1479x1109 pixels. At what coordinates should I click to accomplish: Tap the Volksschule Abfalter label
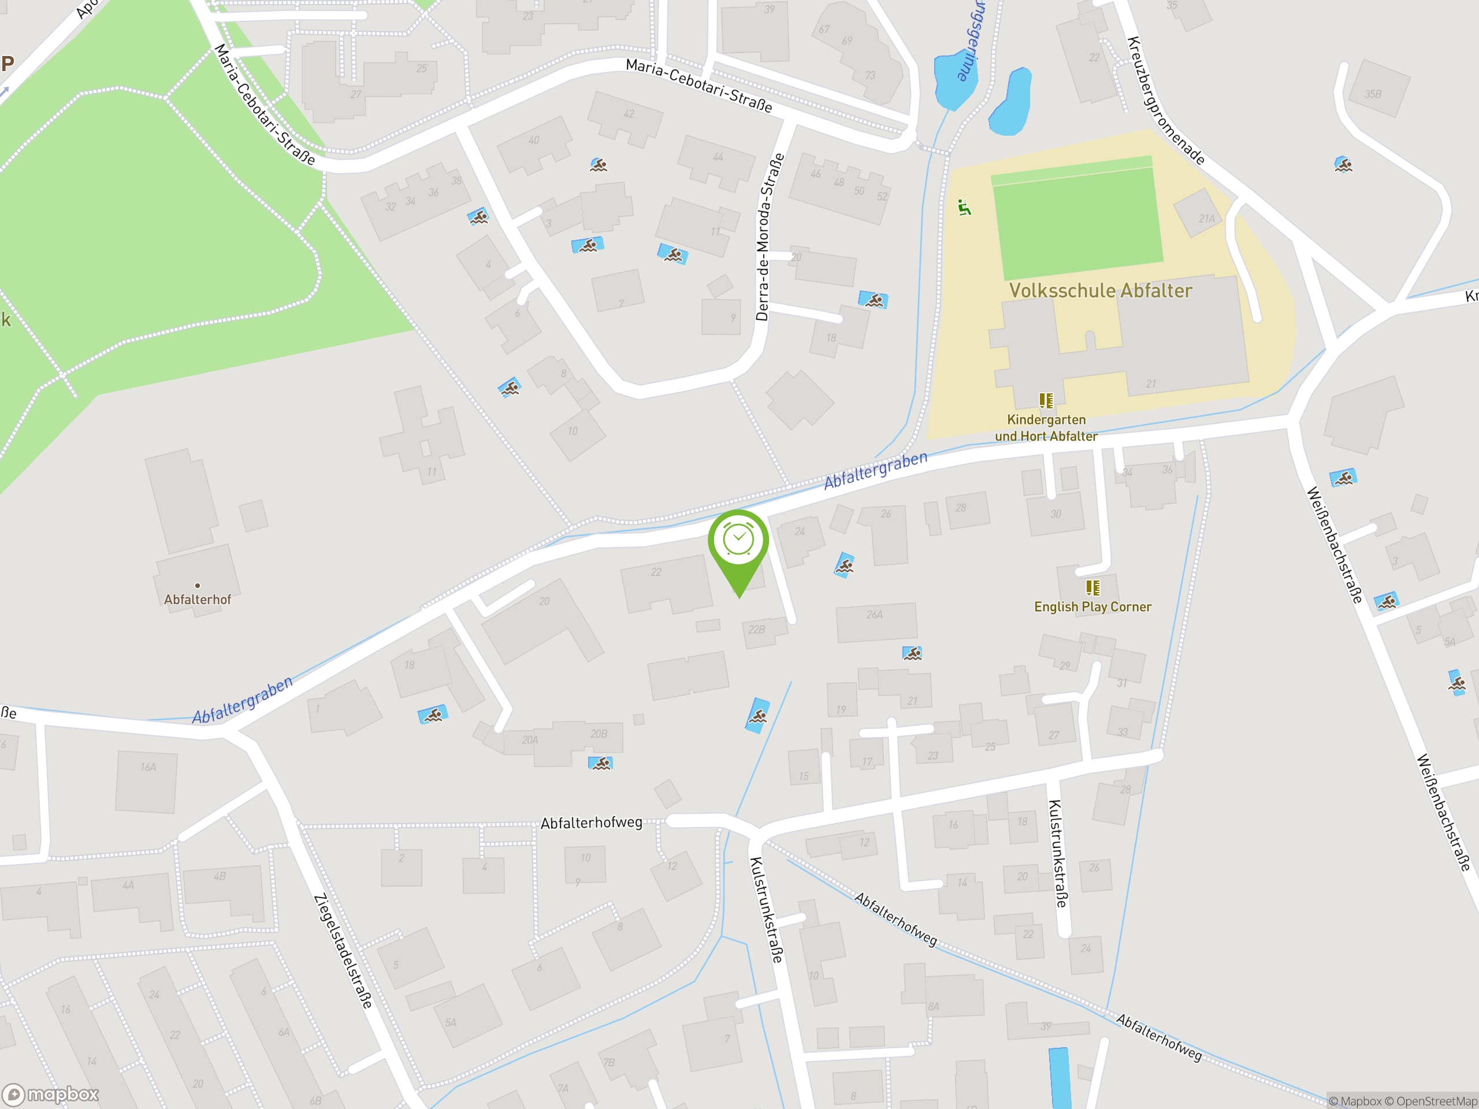point(1100,291)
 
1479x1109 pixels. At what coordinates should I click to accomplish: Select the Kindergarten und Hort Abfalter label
point(1046,428)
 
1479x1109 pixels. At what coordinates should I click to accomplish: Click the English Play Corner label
point(1092,607)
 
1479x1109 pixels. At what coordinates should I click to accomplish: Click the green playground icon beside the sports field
point(964,208)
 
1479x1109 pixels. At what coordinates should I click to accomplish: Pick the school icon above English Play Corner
point(1092,587)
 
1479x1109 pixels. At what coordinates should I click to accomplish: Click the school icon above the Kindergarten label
point(1046,400)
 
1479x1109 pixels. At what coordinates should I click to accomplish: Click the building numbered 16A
point(147,781)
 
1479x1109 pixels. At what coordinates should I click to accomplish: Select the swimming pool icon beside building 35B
point(1343,165)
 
